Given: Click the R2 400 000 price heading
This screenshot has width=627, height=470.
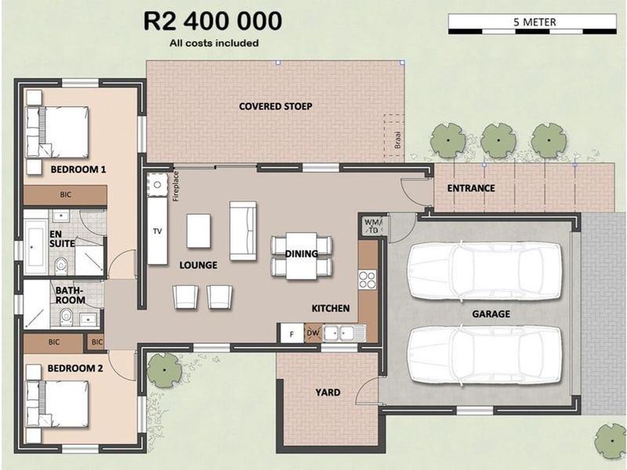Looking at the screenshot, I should click(x=214, y=20).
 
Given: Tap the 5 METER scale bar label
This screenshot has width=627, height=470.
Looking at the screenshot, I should click(x=535, y=22).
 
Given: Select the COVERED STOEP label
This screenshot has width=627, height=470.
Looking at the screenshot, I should click(x=275, y=107).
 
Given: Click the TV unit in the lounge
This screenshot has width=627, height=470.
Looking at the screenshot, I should click(x=158, y=230).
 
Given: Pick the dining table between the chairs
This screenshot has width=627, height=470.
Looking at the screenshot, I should click(x=302, y=255).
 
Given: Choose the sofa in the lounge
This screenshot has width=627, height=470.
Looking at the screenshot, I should click(x=242, y=230).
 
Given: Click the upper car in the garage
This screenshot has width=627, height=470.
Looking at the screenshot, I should click(x=484, y=270).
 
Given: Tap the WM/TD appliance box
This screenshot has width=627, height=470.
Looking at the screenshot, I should click(x=371, y=226).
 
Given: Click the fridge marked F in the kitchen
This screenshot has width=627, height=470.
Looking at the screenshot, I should click(x=292, y=333).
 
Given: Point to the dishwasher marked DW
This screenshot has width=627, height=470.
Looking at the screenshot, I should click(x=313, y=333).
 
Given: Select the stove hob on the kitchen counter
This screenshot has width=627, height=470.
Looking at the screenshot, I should click(x=367, y=280).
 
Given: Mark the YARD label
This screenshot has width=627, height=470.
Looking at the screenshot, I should click(x=328, y=392).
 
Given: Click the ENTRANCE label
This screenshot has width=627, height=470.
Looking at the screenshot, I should click(x=470, y=188).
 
